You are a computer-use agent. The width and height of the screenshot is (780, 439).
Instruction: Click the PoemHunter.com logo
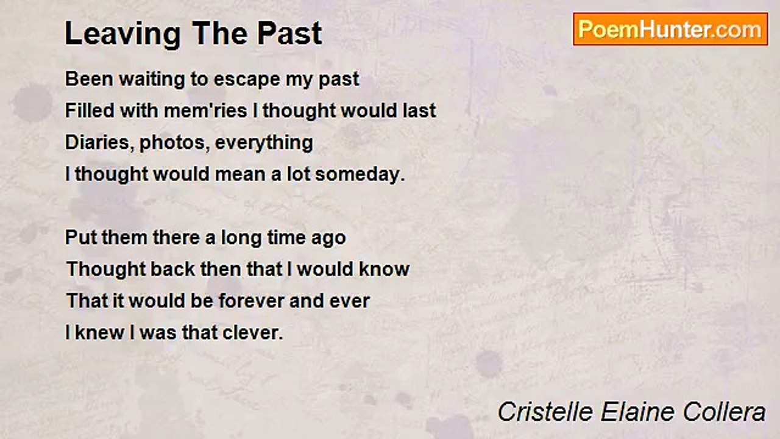tap(670, 29)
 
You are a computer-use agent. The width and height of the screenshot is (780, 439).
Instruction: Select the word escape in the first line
tap(247, 80)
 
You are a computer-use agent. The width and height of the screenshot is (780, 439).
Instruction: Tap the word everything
tap(264, 143)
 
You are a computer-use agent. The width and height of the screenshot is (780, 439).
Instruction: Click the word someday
tap(360, 174)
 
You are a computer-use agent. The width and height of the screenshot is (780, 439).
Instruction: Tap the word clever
tap(252, 333)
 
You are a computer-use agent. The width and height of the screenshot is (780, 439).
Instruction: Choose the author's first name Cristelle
tap(545, 412)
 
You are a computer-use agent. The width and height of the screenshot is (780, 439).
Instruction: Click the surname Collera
tap(725, 412)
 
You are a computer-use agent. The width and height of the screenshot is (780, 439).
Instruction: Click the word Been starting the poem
tap(89, 79)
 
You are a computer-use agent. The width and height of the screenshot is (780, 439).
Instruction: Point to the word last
tap(419, 111)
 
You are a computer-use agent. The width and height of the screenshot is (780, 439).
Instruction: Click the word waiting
tap(152, 80)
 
